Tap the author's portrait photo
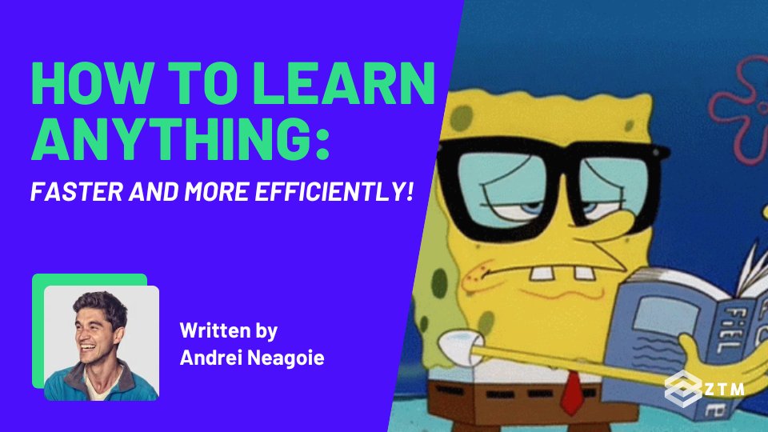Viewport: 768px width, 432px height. pyautogui.click(x=102, y=342)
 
